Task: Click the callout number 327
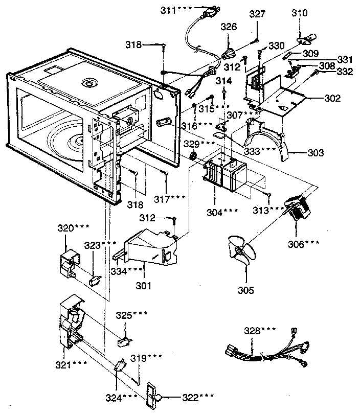point(257,15)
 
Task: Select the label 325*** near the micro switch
point(132,313)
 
